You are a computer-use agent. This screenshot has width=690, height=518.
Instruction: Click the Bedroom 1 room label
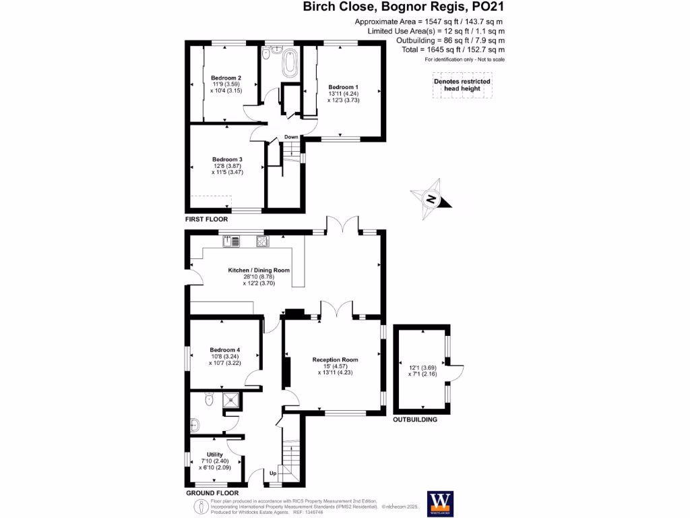[x=343, y=88]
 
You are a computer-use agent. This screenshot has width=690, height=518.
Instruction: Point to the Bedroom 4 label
[x=225, y=350]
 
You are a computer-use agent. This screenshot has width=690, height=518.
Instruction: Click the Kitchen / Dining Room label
[x=259, y=270]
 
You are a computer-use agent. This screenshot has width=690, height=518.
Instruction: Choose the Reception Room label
[x=335, y=359]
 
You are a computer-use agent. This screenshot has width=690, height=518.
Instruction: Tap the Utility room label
[x=215, y=455]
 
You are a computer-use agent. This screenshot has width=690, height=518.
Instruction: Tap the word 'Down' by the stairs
[x=291, y=137]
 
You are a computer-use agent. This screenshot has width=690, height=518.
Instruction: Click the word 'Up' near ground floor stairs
[x=274, y=473]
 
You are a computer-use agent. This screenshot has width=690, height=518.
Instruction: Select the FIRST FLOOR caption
[x=207, y=219]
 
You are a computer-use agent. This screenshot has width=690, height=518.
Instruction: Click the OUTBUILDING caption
[x=415, y=419]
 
